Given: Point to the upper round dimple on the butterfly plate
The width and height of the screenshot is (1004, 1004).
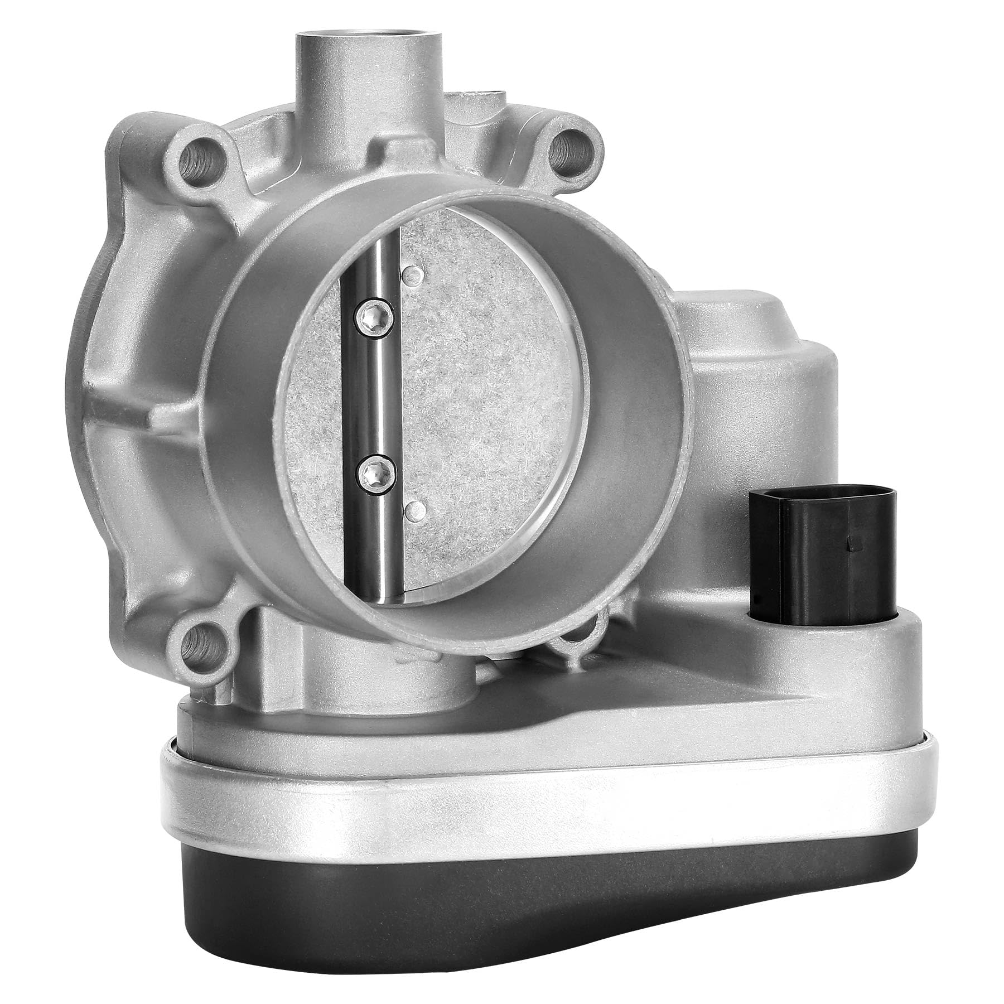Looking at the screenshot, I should click(x=413, y=272).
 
